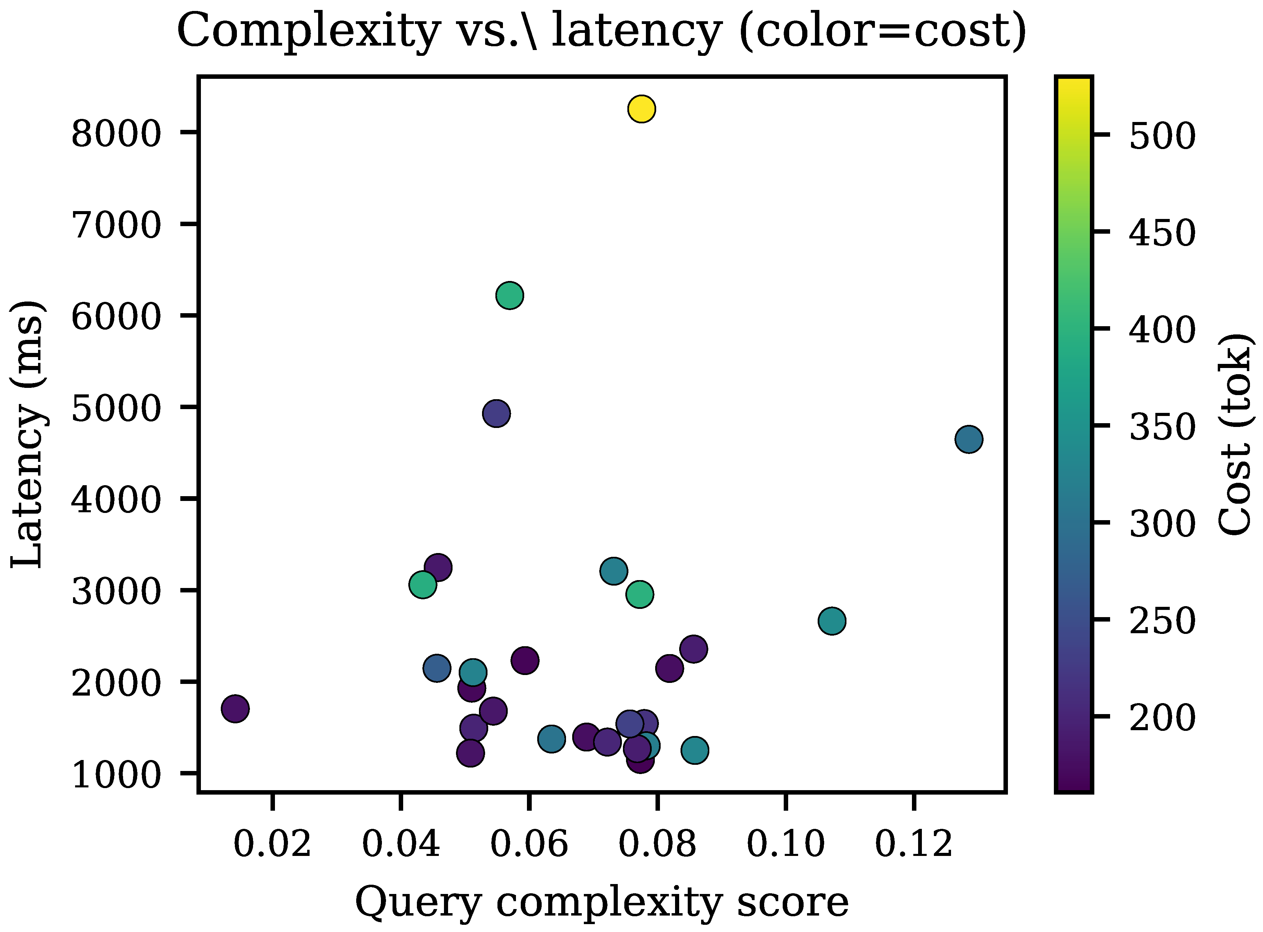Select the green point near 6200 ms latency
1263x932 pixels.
(509, 295)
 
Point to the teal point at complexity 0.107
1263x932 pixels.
(832, 621)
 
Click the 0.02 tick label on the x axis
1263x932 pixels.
(272, 845)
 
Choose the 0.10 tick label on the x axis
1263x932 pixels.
(785, 845)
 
